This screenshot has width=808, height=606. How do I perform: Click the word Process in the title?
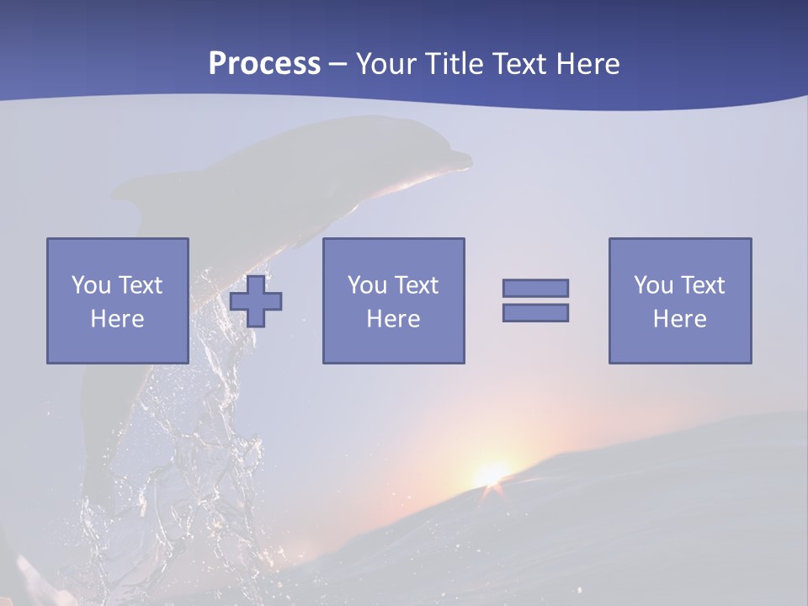tap(264, 64)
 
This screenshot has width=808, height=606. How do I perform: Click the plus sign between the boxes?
tap(256, 300)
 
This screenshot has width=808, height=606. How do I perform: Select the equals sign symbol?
tap(535, 300)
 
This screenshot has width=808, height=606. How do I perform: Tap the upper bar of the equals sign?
tap(535, 288)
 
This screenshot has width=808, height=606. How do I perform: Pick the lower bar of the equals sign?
tap(535, 312)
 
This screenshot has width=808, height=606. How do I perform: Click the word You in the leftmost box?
tap(91, 285)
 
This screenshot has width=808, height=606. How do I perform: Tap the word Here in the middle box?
tap(394, 319)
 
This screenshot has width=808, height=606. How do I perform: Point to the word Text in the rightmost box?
tap(703, 285)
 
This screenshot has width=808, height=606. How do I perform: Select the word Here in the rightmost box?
tap(680, 319)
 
